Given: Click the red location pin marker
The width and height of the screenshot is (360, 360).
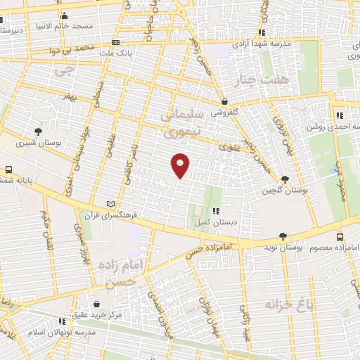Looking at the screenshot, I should click(x=181, y=165).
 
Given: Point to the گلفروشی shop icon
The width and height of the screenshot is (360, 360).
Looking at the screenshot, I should click(x=224, y=102).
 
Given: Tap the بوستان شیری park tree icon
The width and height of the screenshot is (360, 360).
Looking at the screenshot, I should click(x=38, y=131).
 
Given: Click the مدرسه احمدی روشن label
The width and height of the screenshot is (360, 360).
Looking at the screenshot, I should click(x=333, y=128).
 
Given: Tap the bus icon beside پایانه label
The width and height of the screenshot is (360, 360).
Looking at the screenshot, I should click(x=8, y=170).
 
